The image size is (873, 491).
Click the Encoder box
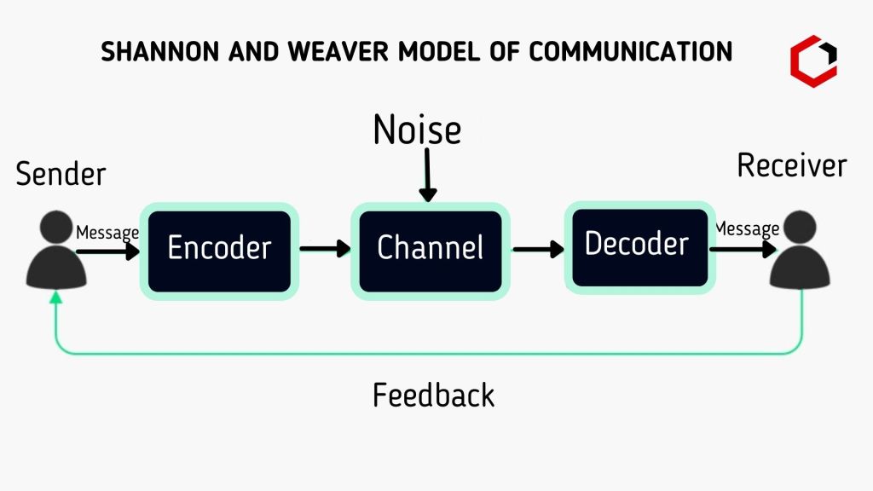[x=219, y=250]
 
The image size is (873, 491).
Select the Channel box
[x=430, y=250]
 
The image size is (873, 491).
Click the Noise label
[x=417, y=130]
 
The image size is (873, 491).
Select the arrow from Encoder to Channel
[x=325, y=249]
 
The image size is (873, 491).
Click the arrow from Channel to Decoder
[x=538, y=249]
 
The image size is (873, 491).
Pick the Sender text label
[x=61, y=174]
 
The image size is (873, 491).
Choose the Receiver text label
[x=791, y=165]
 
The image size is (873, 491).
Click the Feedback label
[x=433, y=396]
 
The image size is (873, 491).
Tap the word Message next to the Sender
[x=107, y=233]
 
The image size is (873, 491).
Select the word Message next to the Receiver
[x=747, y=228]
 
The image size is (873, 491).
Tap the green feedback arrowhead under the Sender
[x=56, y=296]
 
